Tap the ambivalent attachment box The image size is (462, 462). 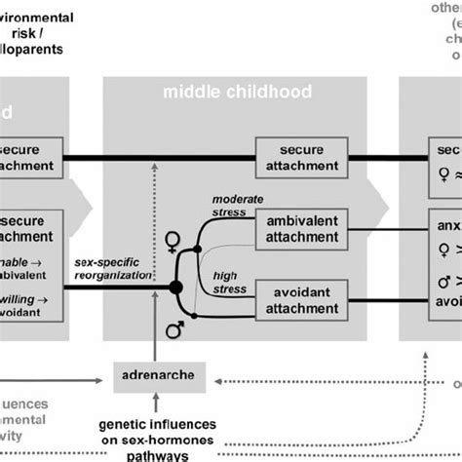point(301,232)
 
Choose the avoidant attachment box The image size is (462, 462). point(301,296)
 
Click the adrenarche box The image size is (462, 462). point(149,374)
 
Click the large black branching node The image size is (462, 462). point(176,287)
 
